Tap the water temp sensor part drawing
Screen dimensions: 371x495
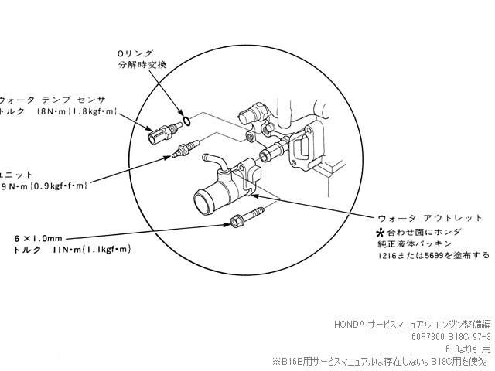[x=163, y=133]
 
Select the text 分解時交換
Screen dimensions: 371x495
[x=142, y=63]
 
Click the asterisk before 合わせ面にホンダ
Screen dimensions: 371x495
[x=380, y=231]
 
